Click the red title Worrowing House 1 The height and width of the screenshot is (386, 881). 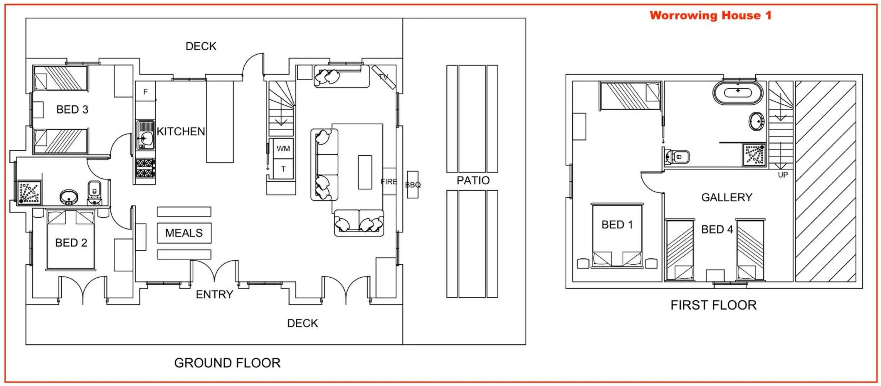(x=710, y=15)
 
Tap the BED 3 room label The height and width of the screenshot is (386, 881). (x=72, y=110)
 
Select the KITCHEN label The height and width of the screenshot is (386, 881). (x=181, y=131)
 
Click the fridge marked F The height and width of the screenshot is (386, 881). (x=145, y=91)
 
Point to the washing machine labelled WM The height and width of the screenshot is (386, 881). (x=283, y=149)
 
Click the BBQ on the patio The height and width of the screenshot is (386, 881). (x=413, y=184)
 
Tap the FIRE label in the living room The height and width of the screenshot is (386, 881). (x=389, y=182)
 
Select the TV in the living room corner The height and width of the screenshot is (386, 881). (x=384, y=77)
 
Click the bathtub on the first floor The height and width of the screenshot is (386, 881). (x=738, y=92)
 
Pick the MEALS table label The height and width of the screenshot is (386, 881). (x=184, y=233)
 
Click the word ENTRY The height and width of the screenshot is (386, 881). (x=214, y=294)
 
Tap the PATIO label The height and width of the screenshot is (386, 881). (x=473, y=181)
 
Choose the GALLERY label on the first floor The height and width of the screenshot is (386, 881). (x=727, y=197)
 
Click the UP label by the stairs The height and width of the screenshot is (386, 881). (x=783, y=175)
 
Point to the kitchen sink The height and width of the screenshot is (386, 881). (x=145, y=135)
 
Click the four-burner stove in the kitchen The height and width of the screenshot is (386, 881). (x=145, y=168)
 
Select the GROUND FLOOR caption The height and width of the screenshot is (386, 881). (x=227, y=363)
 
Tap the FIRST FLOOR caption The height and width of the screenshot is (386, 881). (x=713, y=305)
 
